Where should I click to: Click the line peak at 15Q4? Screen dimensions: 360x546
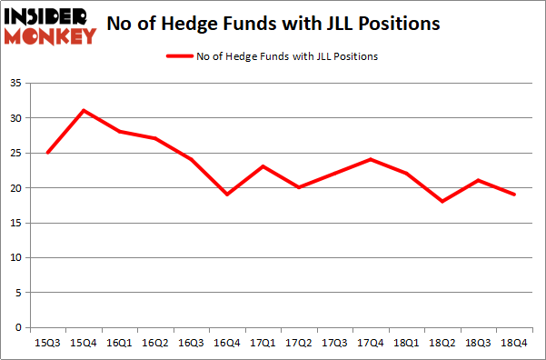83,111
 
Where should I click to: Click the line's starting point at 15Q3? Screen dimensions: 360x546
47,153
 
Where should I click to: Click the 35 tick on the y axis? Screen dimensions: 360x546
18,84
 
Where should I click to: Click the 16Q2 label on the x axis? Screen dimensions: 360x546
154,343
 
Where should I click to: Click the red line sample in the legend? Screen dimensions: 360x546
179,56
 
